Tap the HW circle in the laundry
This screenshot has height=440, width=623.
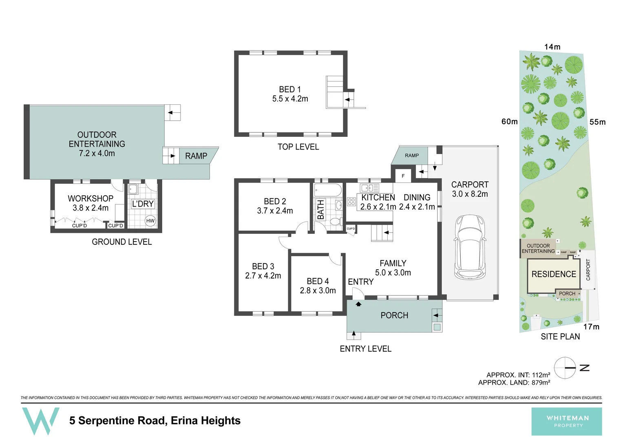coord(150,221)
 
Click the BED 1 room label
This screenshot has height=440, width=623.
coord(290,89)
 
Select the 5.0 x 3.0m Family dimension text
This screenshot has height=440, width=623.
coord(393,273)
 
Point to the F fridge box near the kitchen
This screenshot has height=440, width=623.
coord(403,176)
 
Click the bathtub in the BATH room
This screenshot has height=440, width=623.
coord(328,190)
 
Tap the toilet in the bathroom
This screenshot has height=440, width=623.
coord(335,222)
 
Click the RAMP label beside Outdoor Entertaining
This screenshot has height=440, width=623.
coord(196,156)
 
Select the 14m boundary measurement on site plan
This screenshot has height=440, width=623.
coord(552,47)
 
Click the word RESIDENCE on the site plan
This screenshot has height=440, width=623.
coord(554,274)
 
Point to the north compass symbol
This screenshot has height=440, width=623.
coord(565,368)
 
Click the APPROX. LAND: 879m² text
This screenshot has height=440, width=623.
coord(514,383)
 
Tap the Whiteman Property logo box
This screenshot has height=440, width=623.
coord(566,421)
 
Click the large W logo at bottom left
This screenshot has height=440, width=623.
coord(40,420)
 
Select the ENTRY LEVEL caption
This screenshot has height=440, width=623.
coord(365,349)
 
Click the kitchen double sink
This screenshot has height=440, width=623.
coord(369,188)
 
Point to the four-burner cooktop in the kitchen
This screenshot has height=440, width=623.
coord(351,201)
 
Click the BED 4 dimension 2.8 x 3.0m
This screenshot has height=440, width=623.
coord(318,290)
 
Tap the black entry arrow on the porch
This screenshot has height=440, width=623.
coord(358,304)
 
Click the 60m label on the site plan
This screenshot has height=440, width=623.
coord(509,121)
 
